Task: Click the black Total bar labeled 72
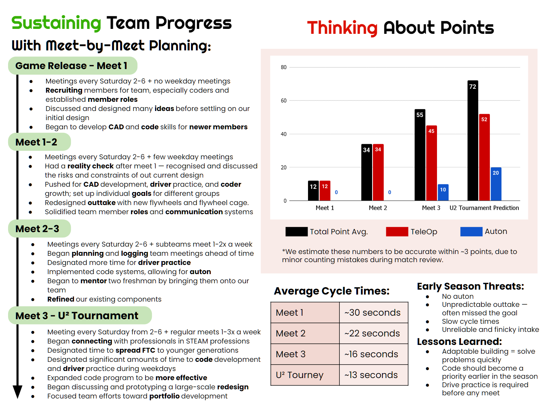coord(473,141)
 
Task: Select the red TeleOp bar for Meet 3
coord(431,163)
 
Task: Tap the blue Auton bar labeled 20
coord(495,184)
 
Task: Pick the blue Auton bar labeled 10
coord(443,192)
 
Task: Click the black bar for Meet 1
coord(313,191)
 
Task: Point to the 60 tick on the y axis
coord(284,101)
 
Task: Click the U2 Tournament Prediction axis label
coord(484,208)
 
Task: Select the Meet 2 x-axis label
coord(378,208)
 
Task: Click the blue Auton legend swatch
coord(471,231)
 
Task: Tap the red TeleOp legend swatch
coord(397,231)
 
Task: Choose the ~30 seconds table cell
coord(374,313)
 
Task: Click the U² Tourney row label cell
coord(305,375)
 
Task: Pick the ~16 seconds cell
coord(374,354)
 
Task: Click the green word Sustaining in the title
coord(56,23)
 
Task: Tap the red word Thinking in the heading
coord(342,28)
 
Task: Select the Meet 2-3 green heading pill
coord(39,229)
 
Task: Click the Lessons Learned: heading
coord(459,342)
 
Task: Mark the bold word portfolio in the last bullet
coord(164,396)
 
